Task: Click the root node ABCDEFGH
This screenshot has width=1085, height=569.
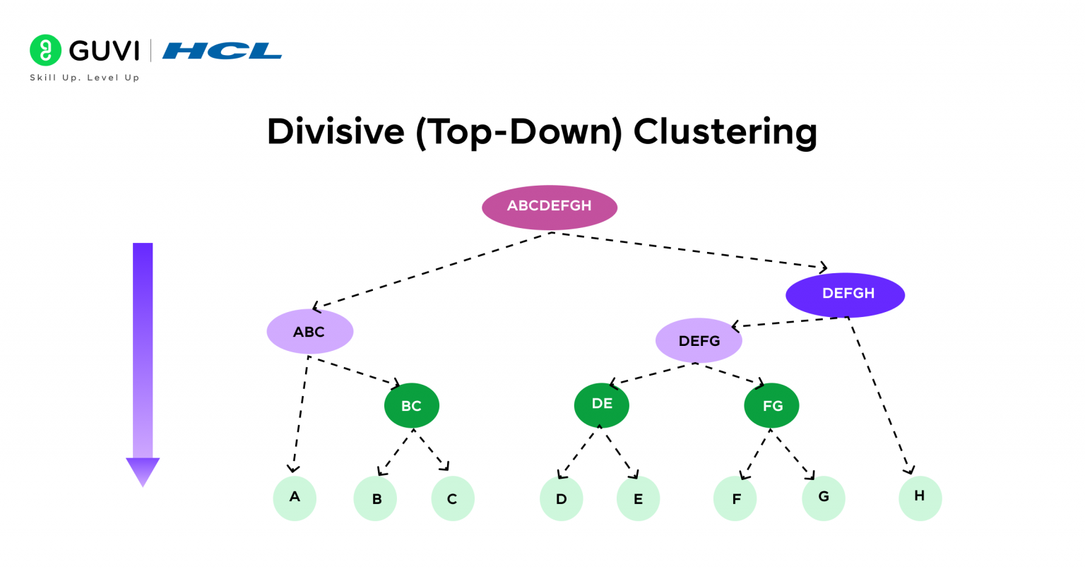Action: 550,207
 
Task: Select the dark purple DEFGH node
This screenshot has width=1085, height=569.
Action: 845,294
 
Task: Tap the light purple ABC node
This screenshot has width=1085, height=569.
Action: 309,332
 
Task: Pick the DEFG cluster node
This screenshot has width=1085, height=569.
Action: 699,341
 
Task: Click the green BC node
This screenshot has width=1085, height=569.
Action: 412,406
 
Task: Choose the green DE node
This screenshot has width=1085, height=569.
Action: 602,405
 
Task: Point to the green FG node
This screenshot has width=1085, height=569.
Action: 771,406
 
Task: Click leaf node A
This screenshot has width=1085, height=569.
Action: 295,498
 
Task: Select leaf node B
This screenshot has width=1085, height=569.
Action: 375,498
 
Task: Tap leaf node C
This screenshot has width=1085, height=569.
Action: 452,498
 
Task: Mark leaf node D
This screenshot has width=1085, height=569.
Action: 561,498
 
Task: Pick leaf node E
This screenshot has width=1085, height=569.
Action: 638,498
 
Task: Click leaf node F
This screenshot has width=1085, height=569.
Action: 735,498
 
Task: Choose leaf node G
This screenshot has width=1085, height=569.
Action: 823,498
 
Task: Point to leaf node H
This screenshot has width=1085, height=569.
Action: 920,497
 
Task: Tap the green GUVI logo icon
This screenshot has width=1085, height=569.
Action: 46,50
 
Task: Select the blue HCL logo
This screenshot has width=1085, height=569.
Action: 222,51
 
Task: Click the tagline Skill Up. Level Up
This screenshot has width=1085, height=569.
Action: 85,78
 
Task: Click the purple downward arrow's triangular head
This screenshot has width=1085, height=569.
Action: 143,470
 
